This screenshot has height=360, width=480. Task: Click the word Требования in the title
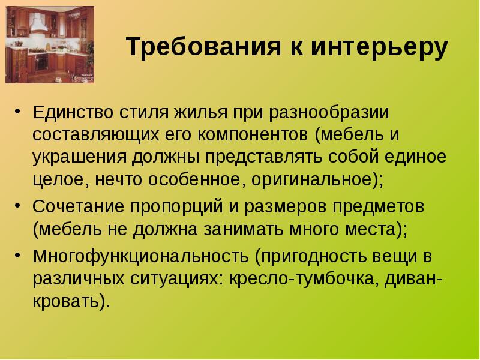point(203,47)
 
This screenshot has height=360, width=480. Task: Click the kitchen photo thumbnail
point(50,44)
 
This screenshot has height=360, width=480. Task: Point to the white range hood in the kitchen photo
point(39,23)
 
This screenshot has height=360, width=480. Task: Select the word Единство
point(73,112)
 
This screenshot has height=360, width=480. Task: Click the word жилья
point(201,113)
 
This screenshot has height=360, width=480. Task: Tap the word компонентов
point(253,134)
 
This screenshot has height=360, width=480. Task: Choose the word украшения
point(80,158)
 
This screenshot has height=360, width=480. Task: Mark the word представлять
point(264,158)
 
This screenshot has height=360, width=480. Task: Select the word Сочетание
point(78,206)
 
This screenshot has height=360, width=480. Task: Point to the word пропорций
point(176,208)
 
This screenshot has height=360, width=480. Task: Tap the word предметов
point(379,208)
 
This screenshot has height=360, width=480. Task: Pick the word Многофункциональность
point(141,257)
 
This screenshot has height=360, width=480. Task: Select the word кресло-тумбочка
point(301,279)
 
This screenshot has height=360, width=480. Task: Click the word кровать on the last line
point(67,301)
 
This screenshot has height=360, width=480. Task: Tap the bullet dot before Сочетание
point(18,205)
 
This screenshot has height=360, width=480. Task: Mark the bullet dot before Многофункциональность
point(18,254)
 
